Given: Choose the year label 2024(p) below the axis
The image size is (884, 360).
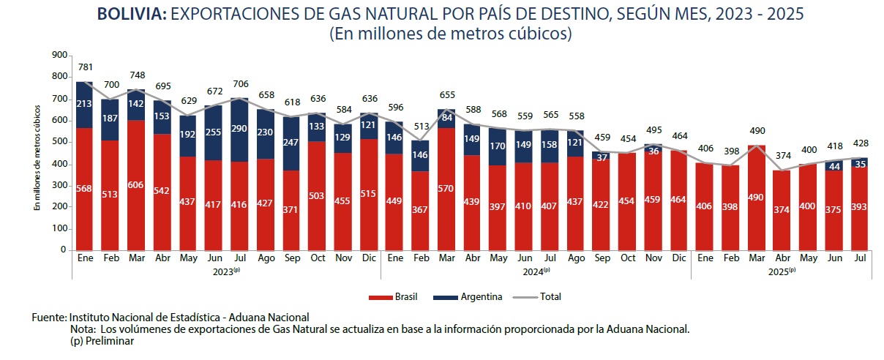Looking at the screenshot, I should point(536,271).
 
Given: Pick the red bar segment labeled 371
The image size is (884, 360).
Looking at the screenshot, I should point(291,210).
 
